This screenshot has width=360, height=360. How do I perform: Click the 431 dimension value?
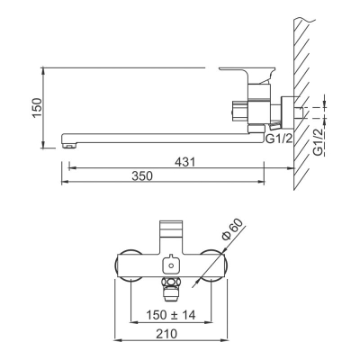pos(185,162)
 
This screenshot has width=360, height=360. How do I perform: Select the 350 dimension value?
pos(142,175)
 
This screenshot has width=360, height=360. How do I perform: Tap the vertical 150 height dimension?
pos(37,108)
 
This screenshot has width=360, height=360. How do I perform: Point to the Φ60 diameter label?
pos(232,229)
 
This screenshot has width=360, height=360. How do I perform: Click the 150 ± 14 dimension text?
pos(171,315)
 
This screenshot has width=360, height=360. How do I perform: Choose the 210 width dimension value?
pos(166,334)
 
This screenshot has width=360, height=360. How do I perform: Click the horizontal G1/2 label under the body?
pos(279,139)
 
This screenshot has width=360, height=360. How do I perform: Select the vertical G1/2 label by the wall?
pos(319,142)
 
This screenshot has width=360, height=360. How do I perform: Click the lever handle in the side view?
pos(247,74)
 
